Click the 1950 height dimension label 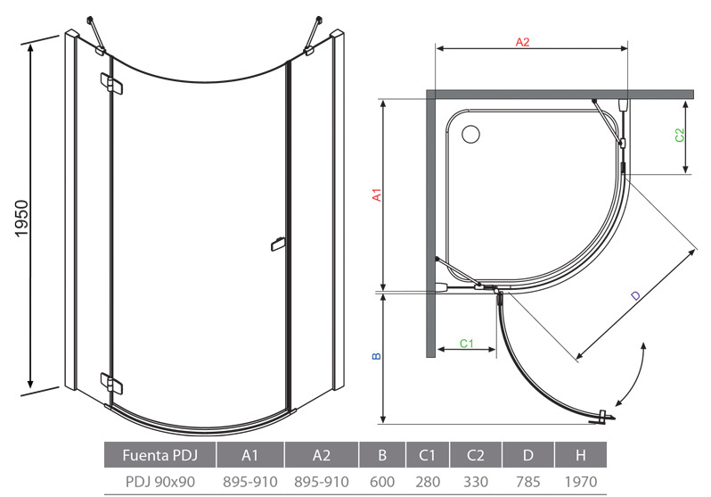click(21, 219)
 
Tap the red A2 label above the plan click(522, 42)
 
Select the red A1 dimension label click(376, 195)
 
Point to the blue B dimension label click(376, 356)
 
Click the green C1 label click(466, 343)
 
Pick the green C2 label click(679, 136)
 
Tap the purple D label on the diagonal click(637, 295)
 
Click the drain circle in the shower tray click(470, 134)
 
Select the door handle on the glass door click(277, 244)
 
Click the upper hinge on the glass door click(111, 84)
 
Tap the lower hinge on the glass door click(111, 383)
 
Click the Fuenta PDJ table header click(160, 455)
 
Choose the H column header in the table click(580, 455)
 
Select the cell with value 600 click(382, 482)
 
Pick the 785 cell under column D click(527, 482)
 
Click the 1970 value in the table click(580, 482)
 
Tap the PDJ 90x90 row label click(160, 482)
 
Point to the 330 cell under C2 click(475, 482)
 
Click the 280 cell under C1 click(428, 482)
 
